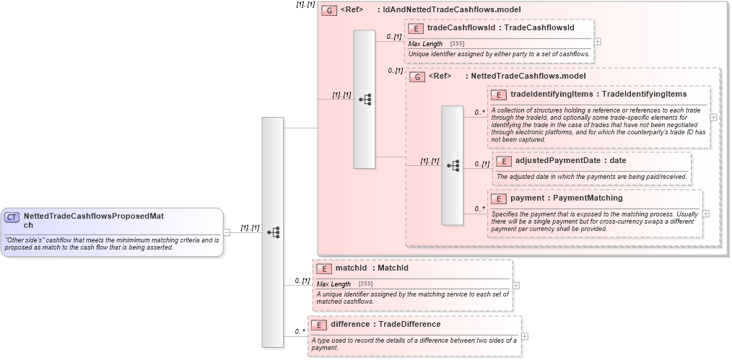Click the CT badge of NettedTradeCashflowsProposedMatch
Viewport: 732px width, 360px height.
click(x=12, y=216)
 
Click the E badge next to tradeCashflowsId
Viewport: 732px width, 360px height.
click(x=416, y=28)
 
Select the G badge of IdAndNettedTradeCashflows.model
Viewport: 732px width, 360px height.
click(x=329, y=11)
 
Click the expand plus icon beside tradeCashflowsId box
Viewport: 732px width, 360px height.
click(x=597, y=41)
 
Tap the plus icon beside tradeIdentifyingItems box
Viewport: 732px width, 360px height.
click(x=713, y=117)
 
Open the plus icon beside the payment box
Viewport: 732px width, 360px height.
click(x=705, y=214)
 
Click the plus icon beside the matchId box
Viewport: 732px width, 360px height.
click(x=515, y=285)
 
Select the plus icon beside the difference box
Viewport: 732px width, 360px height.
click(x=524, y=335)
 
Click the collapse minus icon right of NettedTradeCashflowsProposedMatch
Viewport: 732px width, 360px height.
click(x=227, y=232)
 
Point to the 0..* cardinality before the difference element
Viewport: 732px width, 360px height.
click(x=300, y=332)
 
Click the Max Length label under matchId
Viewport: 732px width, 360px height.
click(x=334, y=284)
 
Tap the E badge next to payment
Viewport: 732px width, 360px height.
click(x=498, y=198)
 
